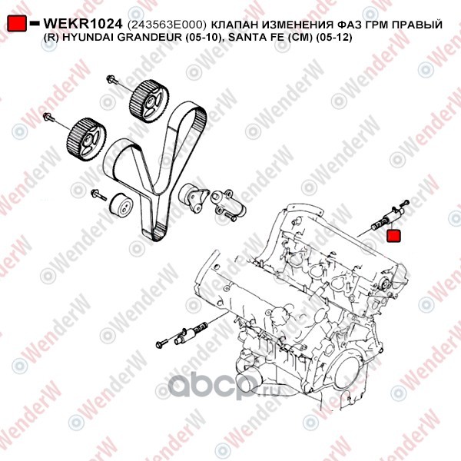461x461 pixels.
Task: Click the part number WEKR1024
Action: (x=83, y=24)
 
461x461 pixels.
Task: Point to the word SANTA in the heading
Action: (x=246, y=38)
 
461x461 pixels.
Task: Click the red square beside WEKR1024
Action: (x=16, y=24)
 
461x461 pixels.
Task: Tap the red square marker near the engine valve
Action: (x=393, y=236)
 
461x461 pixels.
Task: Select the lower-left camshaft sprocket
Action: (x=87, y=140)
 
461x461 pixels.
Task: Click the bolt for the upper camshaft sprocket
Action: (x=112, y=79)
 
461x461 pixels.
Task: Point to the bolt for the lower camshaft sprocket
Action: (x=49, y=118)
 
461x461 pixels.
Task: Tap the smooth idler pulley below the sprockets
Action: (x=121, y=206)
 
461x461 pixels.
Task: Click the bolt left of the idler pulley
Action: (x=99, y=195)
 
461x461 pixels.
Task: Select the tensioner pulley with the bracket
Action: (x=193, y=197)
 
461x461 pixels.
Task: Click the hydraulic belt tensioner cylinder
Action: (x=228, y=205)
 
